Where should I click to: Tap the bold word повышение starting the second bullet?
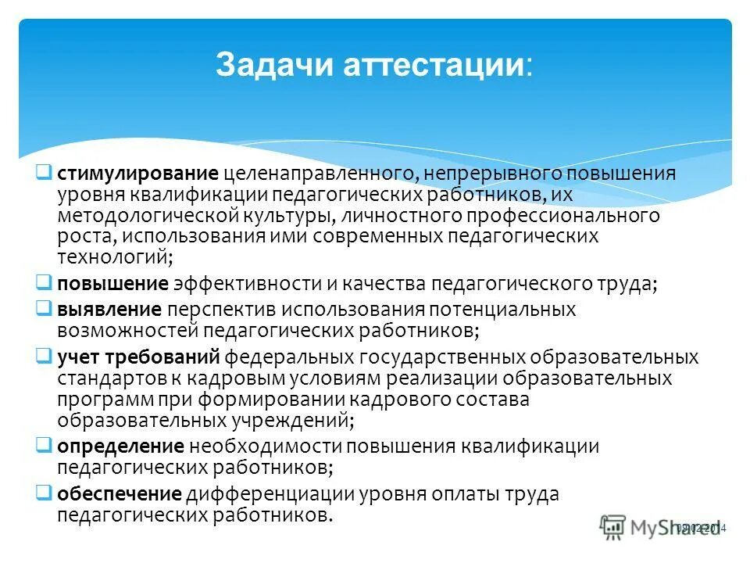click(112, 283)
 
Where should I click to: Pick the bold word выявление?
click(109, 309)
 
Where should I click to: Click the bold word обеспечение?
click(120, 495)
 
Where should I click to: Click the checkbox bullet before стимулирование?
click(45, 171)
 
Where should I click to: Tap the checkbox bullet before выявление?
click(45, 307)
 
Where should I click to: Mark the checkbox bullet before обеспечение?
click(45, 493)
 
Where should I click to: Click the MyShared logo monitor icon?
click(614, 527)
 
